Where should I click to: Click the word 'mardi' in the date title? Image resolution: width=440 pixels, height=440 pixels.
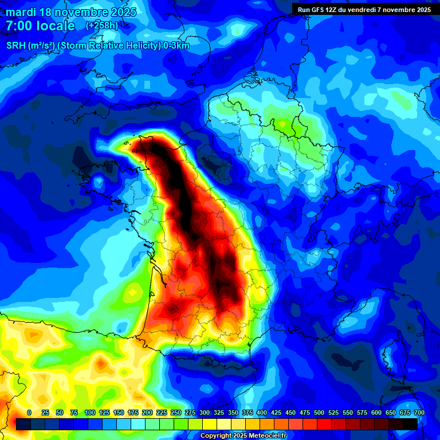pyautogui.click(x=21, y=12)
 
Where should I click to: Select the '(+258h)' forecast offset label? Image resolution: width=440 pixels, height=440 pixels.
pyautogui.click(x=102, y=26)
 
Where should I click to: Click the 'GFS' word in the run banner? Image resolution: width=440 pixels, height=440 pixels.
pyautogui.click(x=320, y=10)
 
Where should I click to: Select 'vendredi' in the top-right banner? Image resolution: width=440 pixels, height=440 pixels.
pyautogui.click(x=371, y=10)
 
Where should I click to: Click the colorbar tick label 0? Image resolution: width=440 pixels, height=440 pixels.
pyautogui.click(x=29, y=412)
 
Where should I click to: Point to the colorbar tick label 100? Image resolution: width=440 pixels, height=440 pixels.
pyautogui.click(x=90, y=412)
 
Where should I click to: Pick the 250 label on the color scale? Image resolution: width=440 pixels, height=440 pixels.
pyautogui.click(x=176, y=412)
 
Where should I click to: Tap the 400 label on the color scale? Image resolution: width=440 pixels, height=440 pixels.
pyautogui.click(x=262, y=412)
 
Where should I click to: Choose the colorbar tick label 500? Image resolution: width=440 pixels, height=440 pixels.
pyautogui.click(x=319, y=412)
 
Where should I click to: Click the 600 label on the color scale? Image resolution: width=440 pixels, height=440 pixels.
pyautogui.click(x=376, y=412)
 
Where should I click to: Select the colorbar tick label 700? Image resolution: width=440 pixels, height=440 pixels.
pyautogui.click(x=419, y=412)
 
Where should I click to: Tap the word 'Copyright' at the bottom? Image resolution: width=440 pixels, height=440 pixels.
pyautogui.click(x=217, y=435)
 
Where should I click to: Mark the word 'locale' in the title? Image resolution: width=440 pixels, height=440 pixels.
pyautogui.click(x=56, y=26)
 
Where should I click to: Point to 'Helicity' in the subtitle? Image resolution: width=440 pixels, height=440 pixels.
pyautogui.click(x=129, y=46)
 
